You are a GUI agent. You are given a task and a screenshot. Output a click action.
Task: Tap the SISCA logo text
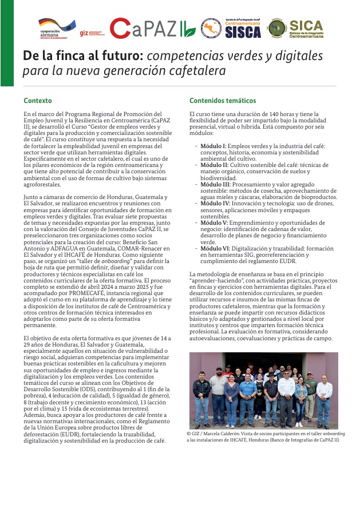243,32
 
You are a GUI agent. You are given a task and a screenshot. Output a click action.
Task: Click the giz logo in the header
84,33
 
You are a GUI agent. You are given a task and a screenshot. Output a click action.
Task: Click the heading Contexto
37,101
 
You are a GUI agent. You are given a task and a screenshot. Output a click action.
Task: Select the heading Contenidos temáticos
223,101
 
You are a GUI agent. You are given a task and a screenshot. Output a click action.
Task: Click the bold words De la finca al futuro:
83,57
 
